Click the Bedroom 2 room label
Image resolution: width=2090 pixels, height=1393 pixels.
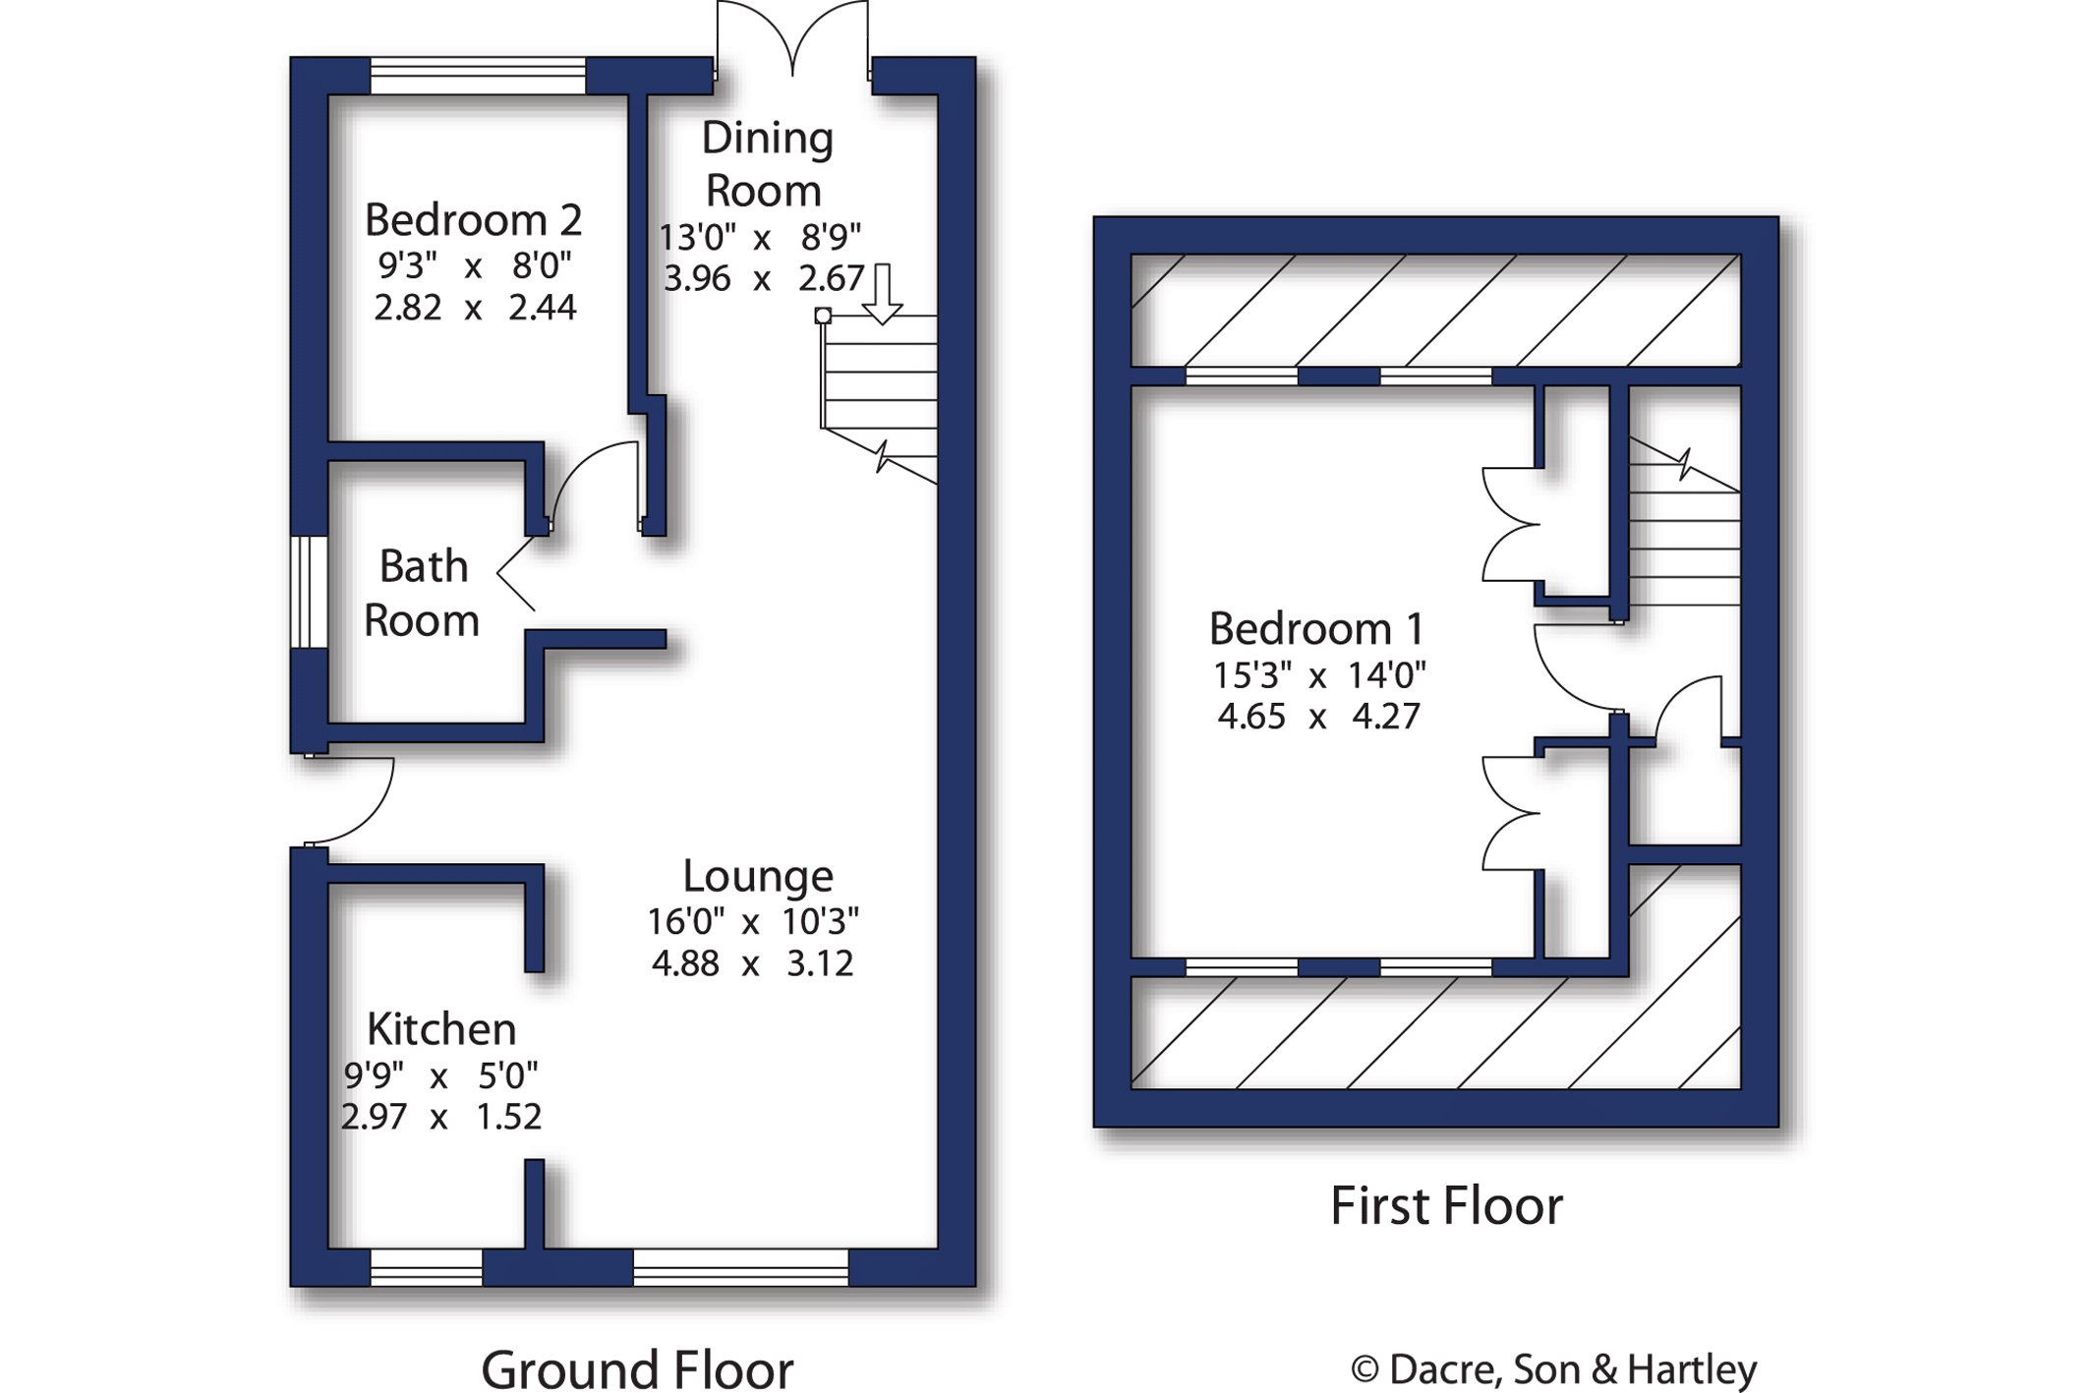click(473, 219)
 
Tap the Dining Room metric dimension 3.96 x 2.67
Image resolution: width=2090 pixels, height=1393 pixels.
click(763, 278)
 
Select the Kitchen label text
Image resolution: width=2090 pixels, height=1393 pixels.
click(441, 1029)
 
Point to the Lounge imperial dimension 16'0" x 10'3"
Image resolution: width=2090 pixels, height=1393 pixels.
click(752, 922)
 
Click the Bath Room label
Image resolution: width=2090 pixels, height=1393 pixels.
click(422, 593)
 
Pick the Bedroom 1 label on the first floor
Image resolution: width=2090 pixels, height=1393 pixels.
click(1316, 629)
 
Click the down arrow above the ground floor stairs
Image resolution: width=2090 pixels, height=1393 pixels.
click(882, 293)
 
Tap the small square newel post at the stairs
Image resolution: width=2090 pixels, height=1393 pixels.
click(823, 316)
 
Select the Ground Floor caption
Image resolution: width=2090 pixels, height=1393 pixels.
click(637, 1368)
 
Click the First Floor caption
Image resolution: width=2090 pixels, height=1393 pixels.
click(1446, 1206)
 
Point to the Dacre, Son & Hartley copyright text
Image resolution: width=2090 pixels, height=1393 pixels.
click(1553, 1368)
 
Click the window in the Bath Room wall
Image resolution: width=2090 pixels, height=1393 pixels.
click(309, 592)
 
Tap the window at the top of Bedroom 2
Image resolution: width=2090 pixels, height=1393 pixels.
click(478, 76)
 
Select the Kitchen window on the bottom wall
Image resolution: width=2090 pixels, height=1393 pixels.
click(427, 1267)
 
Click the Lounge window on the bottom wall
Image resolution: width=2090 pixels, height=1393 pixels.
click(740, 1267)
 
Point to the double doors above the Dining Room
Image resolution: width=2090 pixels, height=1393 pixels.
click(792, 39)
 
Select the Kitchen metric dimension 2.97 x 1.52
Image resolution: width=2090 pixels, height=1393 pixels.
click(441, 1117)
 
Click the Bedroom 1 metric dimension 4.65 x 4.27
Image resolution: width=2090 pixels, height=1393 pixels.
click(1318, 716)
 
